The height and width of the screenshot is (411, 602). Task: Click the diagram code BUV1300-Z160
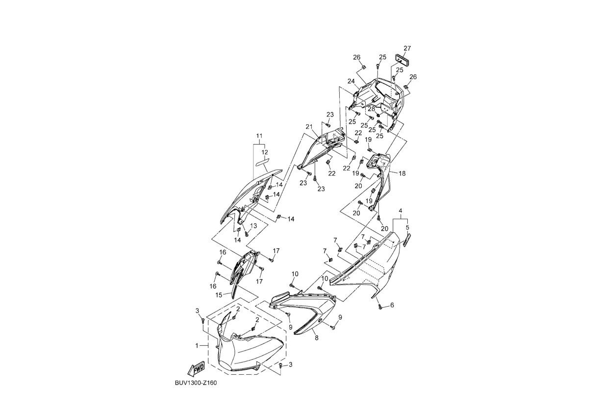[195, 383]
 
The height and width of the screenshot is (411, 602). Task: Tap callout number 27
[407, 48]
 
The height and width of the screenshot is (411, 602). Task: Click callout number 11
[259, 135]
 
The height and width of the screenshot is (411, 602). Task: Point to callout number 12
[265, 152]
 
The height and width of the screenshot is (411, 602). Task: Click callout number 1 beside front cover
[197, 345]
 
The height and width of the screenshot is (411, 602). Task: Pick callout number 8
[316, 338]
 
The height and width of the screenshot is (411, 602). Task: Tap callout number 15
[219, 295]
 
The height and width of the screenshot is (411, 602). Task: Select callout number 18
[402, 173]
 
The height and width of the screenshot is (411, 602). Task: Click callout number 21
[309, 127]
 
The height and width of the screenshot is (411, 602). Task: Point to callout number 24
[351, 81]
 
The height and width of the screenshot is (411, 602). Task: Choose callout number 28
[371, 109]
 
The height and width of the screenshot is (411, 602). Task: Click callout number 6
[392, 305]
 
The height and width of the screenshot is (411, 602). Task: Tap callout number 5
[407, 227]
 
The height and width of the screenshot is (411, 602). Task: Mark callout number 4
[401, 211]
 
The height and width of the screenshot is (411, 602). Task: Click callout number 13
[253, 226]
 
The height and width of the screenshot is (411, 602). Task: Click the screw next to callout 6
[380, 306]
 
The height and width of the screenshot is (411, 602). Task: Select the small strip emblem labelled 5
[406, 240]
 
